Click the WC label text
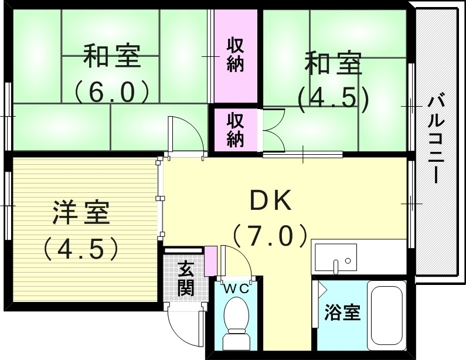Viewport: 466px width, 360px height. point(236,288)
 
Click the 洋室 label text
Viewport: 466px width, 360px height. point(81,212)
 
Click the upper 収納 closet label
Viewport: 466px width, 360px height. point(235,55)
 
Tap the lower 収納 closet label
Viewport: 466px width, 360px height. point(235,130)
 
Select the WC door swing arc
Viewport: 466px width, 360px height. point(235,261)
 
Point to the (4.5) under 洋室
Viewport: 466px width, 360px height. point(81,249)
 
